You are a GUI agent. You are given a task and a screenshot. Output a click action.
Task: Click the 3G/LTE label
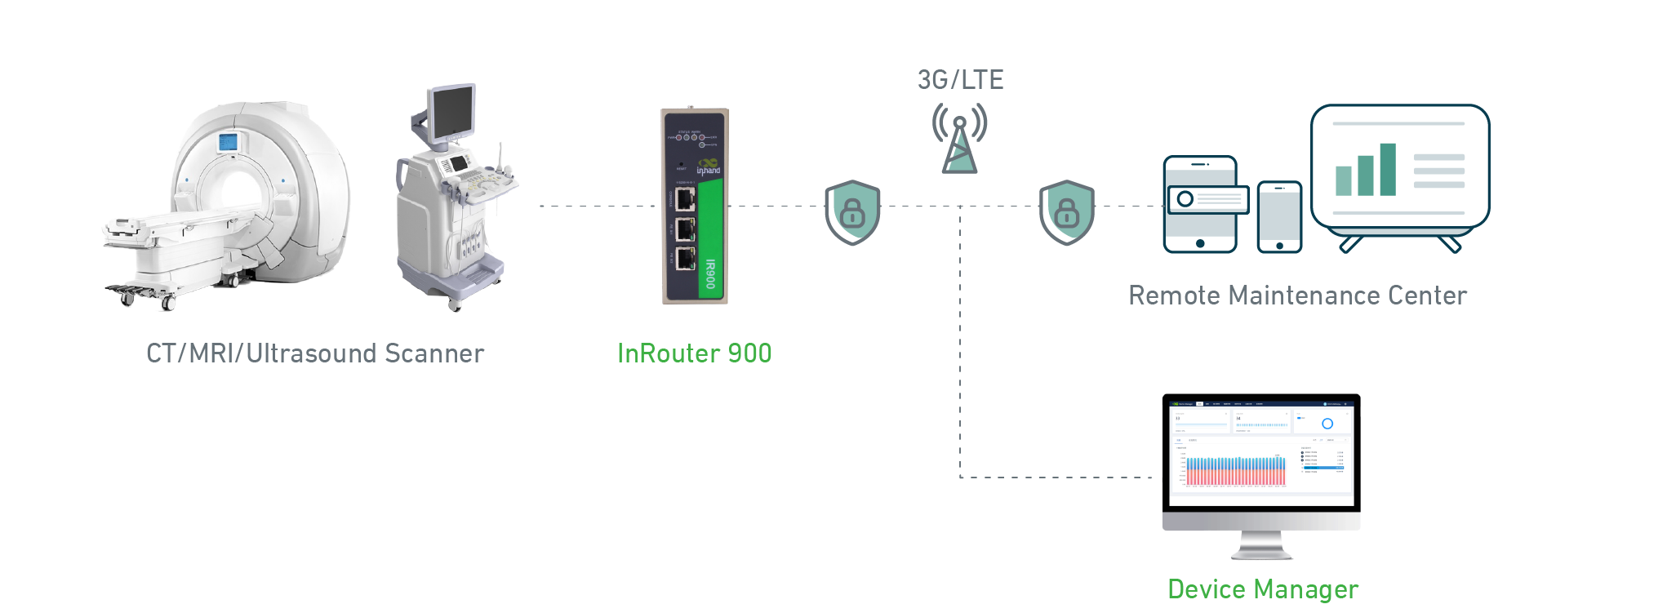click(x=960, y=80)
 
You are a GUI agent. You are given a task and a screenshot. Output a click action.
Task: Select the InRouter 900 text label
click(x=694, y=353)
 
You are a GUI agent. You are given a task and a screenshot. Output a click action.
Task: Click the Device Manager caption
click(x=1262, y=589)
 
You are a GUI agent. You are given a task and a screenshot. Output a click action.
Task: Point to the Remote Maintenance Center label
click(x=1297, y=295)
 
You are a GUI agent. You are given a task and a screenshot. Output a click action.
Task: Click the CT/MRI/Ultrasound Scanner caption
click(x=315, y=353)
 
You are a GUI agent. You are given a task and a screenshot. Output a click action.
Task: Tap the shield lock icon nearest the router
click(x=852, y=212)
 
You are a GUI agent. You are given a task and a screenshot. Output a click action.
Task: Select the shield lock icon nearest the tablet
click(x=1066, y=212)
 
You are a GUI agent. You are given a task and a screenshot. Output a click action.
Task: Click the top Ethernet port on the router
click(x=685, y=198)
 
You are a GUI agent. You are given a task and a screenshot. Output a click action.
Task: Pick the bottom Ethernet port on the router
click(x=685, y=260)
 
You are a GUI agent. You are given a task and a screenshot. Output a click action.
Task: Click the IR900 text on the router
click(x=710, y=274)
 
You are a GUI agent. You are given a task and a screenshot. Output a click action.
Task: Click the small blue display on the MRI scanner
click(x=227, y=142)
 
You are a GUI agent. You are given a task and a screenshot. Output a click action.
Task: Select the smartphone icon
click(x=1279, y=216)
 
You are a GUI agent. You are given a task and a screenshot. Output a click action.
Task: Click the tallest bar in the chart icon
click(x=1388, y=169)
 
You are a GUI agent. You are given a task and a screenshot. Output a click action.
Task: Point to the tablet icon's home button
click(x=1199, y=243)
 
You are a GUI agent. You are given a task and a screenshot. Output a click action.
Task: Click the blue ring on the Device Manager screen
click(x=1327, y=424)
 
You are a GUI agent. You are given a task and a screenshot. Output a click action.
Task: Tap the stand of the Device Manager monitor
click(x=1261, y=545)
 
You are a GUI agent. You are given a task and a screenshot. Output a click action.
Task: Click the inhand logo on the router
click(x=708, y=167)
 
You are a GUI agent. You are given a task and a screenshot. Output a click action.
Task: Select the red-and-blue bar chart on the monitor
click(x=1235, y=471)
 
